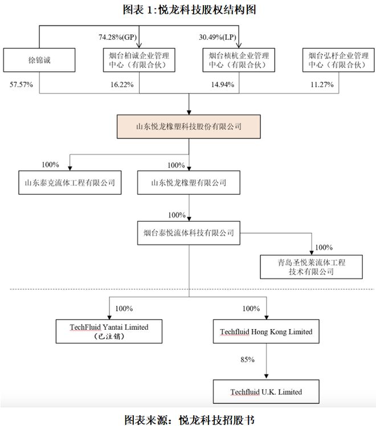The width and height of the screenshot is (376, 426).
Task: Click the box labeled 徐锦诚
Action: [39, 62]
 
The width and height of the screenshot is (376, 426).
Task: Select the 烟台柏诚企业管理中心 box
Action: [138, 62]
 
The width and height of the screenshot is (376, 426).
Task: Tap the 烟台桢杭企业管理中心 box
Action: [239, 62]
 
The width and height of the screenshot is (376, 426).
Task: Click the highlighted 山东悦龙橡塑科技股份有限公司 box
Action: [189, 126]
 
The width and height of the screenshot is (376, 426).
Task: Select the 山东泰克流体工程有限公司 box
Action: [70, 183]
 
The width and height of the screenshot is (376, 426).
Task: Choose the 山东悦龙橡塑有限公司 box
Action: [189, 183]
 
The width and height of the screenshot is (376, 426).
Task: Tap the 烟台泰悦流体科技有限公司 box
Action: [189, 233]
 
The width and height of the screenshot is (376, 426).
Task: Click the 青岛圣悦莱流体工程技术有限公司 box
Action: [312, 267]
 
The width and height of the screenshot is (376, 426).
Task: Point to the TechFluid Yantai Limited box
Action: [110, 331]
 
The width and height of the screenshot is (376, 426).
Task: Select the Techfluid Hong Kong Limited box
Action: [266, 331]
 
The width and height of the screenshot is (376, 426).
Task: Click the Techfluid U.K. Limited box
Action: [266, 392]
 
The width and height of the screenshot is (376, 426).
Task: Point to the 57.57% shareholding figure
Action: [21, 84]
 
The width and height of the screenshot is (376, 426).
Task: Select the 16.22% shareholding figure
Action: [120, 84]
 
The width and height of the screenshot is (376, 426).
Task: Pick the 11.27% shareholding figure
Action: [320, 84]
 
